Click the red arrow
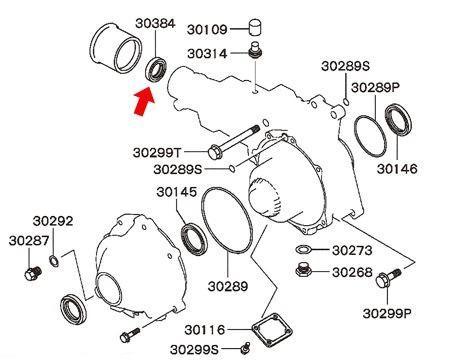coord(143,103)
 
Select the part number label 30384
coord(155,24)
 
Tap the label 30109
coord(207,29)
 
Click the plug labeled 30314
coord(256,52)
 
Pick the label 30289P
coord(376,88)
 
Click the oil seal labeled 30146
coord(398,119)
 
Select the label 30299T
coord(157,153)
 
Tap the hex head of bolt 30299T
coord(214,153)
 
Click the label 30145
coord(177,192)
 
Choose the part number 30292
coord(53,221)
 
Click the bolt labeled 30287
coord(33,273)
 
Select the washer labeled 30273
coord(303,249)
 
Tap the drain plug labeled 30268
coord(304,270)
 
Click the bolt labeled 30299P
coord(387,278)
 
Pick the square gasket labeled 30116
coord(272,330)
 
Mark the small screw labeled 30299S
coord(245,348)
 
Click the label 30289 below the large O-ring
coord(228,286)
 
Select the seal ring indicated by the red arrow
coord(156,70)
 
